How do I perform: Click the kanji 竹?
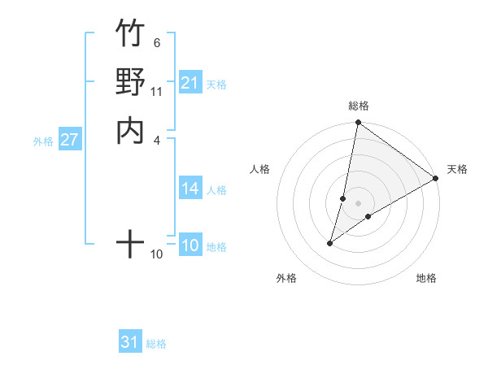click(130, 34)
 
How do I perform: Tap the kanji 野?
click(130, 82)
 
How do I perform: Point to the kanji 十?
click(130, 243)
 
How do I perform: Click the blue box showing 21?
click(190, 82)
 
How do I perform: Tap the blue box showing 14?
click(190, 189)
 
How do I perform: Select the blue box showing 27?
click(69, 140)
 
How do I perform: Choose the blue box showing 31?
click(130, 342)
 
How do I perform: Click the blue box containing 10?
click(190, 246)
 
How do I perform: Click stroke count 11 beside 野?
click(156, 91)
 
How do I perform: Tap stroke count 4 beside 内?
click(156, 139)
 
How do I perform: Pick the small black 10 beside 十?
click(156, 254)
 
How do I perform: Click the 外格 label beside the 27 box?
click(43, 141)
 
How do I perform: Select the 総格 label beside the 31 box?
click(156, 344)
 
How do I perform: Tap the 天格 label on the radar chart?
click(457, 169)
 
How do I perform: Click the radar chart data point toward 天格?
click(436, 179)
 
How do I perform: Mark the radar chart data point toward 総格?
click(358, 124)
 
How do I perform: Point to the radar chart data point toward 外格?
click(330, 242)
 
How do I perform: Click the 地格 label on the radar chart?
click(426, 278)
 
